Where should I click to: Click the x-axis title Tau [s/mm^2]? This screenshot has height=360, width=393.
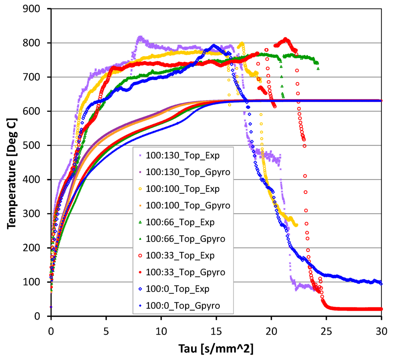[x=216, y=349]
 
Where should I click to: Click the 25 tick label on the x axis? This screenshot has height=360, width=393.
[x=327, y=330]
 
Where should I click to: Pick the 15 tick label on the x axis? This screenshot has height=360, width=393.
[x=216, y=330]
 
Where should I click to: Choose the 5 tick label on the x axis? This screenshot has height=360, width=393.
[x=106, y=330]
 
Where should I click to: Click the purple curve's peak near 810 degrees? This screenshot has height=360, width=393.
[x=140, y=38]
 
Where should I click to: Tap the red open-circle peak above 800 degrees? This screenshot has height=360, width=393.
[x=285, y=39]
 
